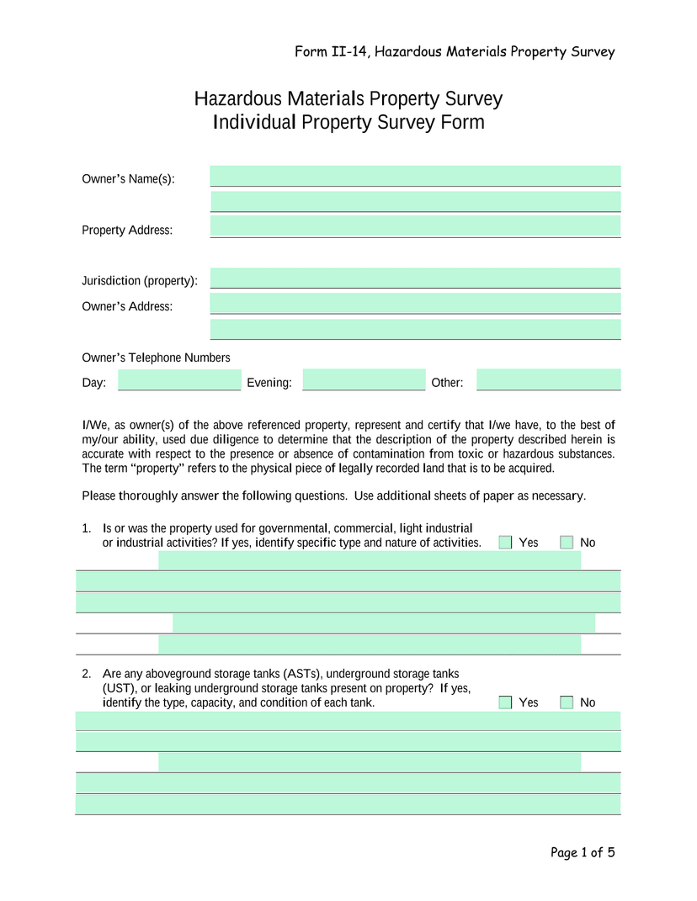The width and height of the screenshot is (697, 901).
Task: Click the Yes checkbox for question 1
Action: click(x=505, y=543)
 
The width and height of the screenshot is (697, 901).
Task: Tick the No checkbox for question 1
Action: click(x=567, y=543)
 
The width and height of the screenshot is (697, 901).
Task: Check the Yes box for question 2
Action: click(x=505, y=702)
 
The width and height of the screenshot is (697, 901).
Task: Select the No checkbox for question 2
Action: click(x=567, y=702)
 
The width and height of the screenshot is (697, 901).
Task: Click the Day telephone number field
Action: click(x=178, y=380)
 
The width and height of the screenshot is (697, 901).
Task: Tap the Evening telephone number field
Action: click(x=364, y=380)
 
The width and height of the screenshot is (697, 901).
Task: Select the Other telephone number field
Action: click(x=548, y=380)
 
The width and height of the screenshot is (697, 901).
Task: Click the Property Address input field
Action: click(x=415, y=226)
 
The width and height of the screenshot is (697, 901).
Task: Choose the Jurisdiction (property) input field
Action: click(x=415, y=278)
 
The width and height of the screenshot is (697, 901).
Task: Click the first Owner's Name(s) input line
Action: click(x=415, y=176)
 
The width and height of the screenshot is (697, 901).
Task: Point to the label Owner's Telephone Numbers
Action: click(x=156, y=358)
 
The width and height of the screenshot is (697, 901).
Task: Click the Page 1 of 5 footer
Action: click(x=583, y=853)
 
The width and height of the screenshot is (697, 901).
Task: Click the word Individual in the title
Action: click(x=254, y=123)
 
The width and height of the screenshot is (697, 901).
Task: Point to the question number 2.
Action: click(x=86, y=674)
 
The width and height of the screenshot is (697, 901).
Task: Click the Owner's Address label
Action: click(x=127, y=306)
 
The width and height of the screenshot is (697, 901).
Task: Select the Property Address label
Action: click(x=127, y=231)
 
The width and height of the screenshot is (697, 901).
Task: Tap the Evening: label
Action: click(x=269, y=384)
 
